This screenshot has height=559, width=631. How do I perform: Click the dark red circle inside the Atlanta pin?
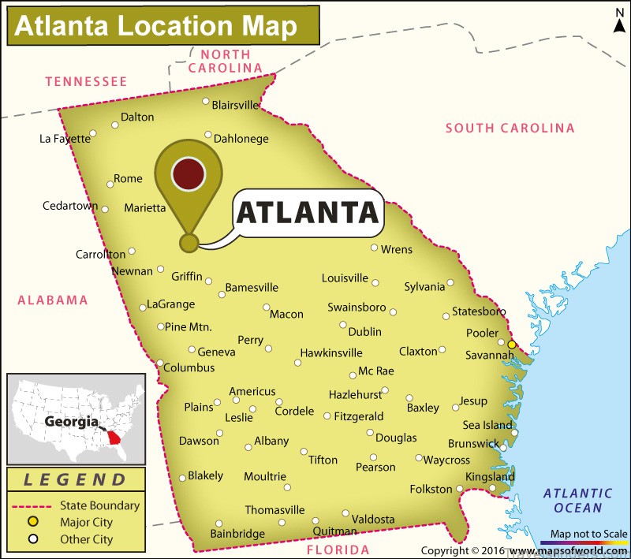pyautogui.click(x=189, y=173)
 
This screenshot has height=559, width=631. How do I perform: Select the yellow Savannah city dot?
pyautogui.click(x=512, y=345)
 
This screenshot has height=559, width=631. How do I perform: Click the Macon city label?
pyautogui.click(x=286, y=314)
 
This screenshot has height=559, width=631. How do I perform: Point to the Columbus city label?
pyautogui.click(x=189, y=367)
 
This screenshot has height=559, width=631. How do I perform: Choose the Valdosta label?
pyautogui.click(x=373, y=519)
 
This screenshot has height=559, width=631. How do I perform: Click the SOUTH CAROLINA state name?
pyautogui.click(x=510, y=128)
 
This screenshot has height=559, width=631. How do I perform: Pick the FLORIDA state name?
pyautogui.click(x=337, y=550)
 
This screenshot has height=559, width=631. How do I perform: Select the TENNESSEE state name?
pyautogui.click(x=86, y=81)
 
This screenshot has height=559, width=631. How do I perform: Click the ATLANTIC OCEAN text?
pyautogui.click(x=578, y=501)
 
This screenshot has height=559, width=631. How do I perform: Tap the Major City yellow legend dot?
pyautogui.click(x=34, y=522)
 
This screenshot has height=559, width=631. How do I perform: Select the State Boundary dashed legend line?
pyautogui.click(x=32, y=505)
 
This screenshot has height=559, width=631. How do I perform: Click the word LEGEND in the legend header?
pyautogui.click(x=75, y=479)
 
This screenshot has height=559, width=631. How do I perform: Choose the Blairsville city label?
pyautogui.click(x=236, y=104)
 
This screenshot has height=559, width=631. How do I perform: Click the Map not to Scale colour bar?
pyautogui.click(x=589, y=543)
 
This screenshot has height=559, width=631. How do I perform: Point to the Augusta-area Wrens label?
pyautogui.click(x=397, y=249)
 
